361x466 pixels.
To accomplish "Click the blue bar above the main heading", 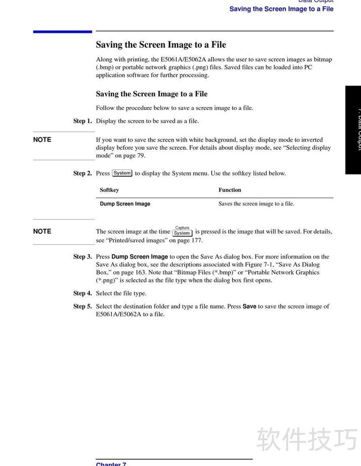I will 62,32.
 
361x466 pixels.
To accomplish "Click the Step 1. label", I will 83,121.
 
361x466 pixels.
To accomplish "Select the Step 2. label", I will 83,173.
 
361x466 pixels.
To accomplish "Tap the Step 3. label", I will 83,256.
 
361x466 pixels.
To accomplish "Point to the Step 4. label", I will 83,293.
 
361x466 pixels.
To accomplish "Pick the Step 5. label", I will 83,306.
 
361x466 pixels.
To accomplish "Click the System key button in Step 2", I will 122,173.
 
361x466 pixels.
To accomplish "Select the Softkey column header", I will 109,190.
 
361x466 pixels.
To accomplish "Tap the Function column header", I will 230,190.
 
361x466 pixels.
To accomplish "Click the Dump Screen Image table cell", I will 125,204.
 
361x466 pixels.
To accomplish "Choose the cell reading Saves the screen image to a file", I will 256,204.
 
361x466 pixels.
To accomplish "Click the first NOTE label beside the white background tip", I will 42,140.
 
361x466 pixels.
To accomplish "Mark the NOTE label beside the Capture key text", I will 42,231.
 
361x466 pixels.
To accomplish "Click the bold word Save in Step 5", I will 250,306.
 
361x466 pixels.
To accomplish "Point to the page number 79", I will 141,155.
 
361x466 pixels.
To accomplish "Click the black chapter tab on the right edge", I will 353,130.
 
